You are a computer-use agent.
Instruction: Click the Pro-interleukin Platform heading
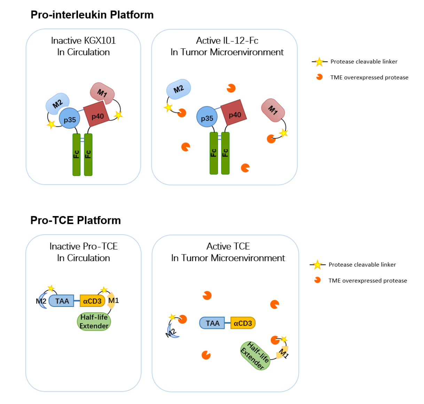[92, 15]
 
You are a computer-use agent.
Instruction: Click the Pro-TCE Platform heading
[76, 220]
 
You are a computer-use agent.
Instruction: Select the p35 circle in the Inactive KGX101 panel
[69, 118]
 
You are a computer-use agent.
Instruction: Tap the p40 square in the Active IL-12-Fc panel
[234, 112]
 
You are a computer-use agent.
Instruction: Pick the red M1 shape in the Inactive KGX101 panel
[102, 93]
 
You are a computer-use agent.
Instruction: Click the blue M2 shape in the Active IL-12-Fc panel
[179, 89]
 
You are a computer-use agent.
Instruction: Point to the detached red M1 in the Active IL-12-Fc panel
[273, 110]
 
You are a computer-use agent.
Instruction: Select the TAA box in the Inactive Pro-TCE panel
[62, 301]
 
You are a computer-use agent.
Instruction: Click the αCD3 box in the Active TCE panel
[243, 323]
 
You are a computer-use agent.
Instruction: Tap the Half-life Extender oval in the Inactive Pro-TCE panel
[94, 322]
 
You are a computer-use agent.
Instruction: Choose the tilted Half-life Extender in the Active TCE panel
[255, 356]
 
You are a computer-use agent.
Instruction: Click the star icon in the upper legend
[320, 62]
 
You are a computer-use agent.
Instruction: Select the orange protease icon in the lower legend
[317, 280]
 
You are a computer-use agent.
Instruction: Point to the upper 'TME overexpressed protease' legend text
[369, 78]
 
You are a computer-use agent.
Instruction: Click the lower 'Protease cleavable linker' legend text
[362, 265]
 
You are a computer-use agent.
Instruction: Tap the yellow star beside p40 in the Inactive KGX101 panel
[118, 115]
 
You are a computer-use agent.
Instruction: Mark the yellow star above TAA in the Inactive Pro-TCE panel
[51, 288]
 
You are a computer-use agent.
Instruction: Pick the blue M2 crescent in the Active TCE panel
[173, 331]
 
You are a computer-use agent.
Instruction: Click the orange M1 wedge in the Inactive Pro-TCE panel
[111, 301]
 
